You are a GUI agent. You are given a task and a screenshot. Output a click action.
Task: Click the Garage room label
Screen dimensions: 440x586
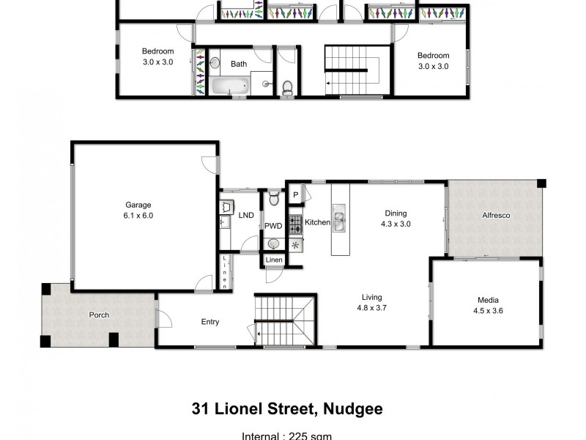point(138,205)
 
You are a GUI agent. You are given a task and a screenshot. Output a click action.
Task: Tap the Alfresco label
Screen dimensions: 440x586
point(495,216)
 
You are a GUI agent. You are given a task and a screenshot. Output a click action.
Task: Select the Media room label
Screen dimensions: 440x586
point(488,299)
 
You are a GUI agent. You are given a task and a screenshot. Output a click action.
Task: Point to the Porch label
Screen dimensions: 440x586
point(99,315)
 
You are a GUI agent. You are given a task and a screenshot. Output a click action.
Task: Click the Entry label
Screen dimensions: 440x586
point(210,321)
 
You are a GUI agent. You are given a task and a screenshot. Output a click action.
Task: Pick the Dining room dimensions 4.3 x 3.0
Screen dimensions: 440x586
point(396,224)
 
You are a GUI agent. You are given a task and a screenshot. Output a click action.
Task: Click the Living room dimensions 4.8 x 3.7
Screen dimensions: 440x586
point(371,308)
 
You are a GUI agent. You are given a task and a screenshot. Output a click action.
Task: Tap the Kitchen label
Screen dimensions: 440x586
point(317,222)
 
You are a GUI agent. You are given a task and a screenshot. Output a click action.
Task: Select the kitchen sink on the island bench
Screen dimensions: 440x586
point(341,219)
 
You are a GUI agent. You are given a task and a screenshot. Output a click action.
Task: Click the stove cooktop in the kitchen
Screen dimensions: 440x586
point(295,222)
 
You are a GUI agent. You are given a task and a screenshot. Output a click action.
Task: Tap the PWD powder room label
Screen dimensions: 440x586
point(273,226)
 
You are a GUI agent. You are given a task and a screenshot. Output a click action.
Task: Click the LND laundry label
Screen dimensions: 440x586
point(246,216)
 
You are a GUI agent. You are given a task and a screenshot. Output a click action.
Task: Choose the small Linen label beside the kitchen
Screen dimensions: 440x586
point(274,260)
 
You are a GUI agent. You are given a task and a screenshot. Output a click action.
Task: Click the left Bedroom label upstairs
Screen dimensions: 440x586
point(157,51)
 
